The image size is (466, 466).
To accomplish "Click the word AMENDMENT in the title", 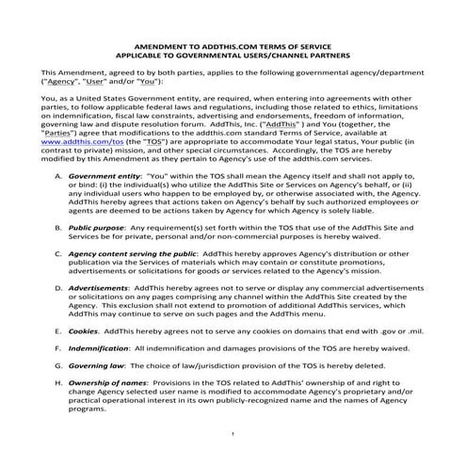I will tap(162, 44).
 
